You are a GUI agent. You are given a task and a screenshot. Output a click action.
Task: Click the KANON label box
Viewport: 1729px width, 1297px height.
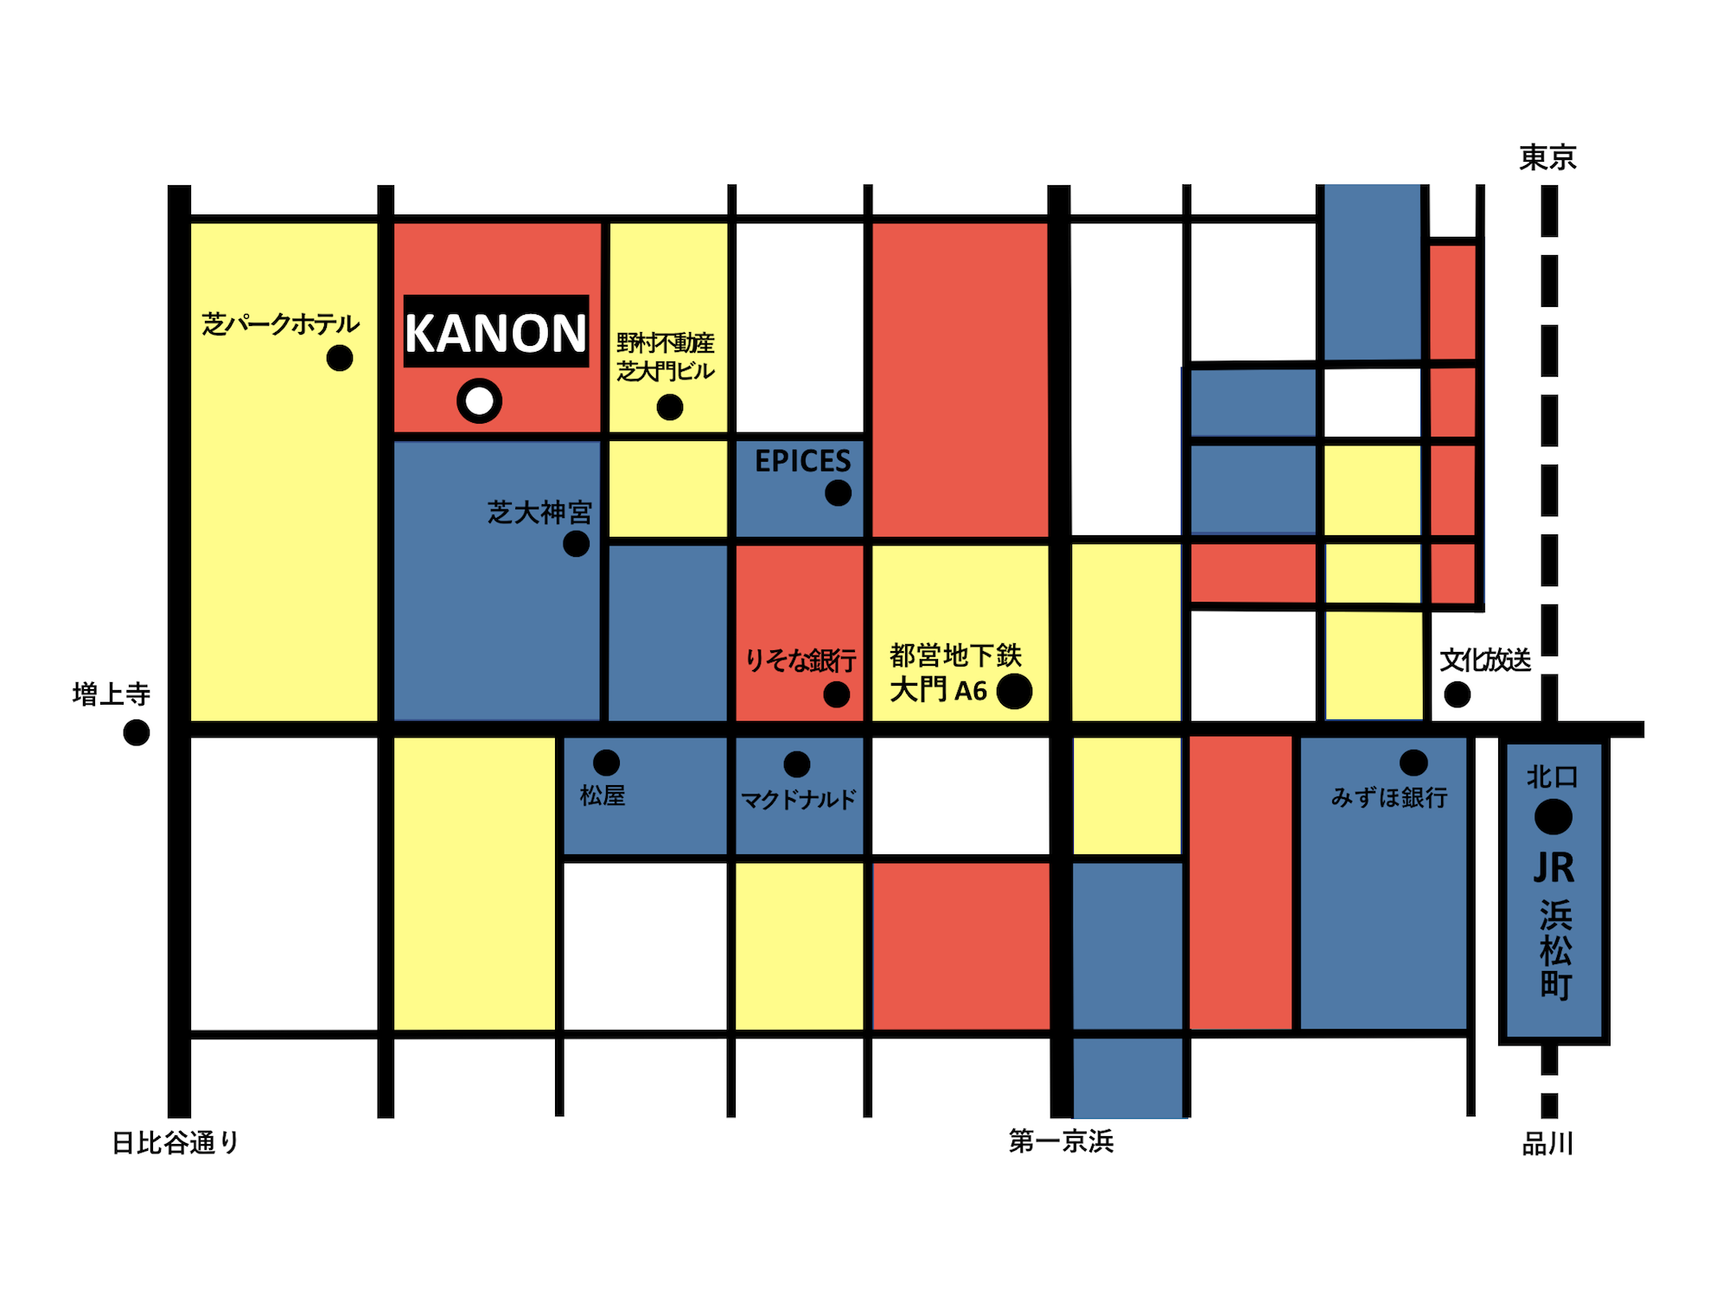496,332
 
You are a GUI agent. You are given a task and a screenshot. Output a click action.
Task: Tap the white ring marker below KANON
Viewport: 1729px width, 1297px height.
479,401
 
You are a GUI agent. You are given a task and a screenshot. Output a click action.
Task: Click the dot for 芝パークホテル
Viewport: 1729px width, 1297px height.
340,358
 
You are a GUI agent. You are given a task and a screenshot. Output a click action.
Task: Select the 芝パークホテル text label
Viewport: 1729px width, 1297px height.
280,324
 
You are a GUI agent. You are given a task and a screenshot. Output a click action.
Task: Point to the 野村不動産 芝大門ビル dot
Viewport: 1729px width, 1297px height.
670,407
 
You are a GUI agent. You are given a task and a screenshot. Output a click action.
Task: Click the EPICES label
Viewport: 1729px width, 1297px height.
802,461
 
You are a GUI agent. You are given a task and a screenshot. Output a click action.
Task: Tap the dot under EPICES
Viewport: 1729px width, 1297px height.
838,493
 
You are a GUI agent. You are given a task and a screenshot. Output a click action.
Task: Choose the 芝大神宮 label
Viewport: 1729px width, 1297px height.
539,512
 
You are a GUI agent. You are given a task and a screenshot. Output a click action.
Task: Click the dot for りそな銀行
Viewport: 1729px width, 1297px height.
836,694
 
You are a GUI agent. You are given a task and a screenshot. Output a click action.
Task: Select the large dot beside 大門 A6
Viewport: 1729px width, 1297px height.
1014,691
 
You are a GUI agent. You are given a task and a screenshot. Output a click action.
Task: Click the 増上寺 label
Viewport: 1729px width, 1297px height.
112,693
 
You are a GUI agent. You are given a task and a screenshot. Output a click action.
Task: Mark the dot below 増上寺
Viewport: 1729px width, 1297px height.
137,732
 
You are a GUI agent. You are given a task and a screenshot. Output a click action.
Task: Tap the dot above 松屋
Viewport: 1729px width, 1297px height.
606,763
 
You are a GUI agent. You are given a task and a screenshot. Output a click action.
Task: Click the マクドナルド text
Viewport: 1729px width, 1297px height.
798,799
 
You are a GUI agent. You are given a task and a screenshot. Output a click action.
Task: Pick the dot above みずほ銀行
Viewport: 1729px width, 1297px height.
1413,763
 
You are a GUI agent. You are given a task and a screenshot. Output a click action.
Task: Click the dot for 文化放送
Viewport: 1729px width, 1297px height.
1458,694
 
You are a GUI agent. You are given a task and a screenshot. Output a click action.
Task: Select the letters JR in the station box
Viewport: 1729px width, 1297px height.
1554,868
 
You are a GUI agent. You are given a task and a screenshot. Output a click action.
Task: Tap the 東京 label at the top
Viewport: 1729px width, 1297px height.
1547,158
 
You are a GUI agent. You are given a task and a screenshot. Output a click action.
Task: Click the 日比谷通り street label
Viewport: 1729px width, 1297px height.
175,1143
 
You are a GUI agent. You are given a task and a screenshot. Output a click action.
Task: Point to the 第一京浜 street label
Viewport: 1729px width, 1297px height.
1061,1141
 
